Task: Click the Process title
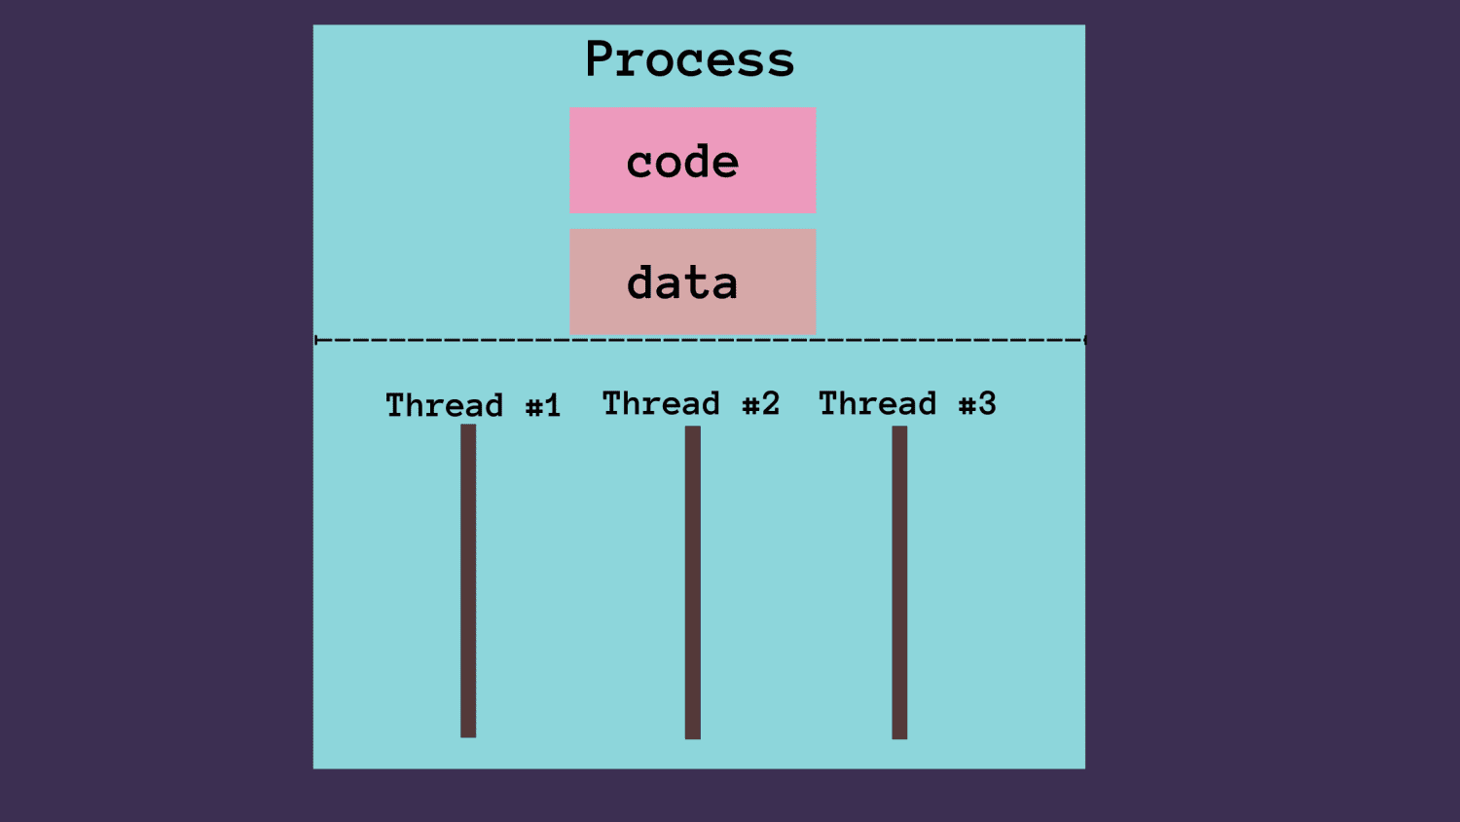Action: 689,60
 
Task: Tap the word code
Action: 682,163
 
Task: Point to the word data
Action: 682,283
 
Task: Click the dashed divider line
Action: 699,340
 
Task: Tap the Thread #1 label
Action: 473,405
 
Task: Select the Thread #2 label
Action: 691,403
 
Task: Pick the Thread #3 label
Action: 907,403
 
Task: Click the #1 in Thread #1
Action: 543,406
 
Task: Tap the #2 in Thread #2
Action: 761,404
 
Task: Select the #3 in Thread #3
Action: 977,404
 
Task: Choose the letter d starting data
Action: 641,282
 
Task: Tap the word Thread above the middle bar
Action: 661,403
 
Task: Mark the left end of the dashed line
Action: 317,340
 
